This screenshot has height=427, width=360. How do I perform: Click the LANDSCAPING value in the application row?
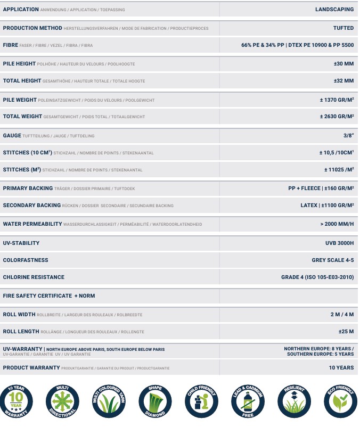334,10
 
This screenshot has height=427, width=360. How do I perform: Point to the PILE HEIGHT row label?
20,64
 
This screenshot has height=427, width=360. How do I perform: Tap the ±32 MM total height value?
343,81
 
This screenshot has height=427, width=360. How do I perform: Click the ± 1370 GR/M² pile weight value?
337,100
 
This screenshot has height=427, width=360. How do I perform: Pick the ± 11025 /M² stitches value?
339,170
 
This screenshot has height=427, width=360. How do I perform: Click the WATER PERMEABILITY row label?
32,224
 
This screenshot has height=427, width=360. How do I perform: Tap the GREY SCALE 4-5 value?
332,260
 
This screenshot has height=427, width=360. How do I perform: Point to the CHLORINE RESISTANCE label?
34,277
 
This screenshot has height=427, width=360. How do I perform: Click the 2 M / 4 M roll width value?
342,315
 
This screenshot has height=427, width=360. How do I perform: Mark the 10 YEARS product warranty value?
341,368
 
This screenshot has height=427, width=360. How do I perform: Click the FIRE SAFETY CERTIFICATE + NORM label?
49,295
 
